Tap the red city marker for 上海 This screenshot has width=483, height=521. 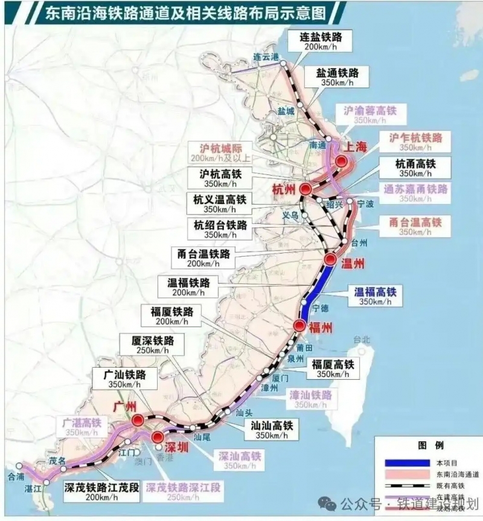coord(343,161)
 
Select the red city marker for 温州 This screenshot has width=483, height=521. coord(330,260)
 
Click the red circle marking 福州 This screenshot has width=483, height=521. coord(299,326)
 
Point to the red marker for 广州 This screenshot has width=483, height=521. coord(138,420)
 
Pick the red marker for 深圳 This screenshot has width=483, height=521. coord(158,438)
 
